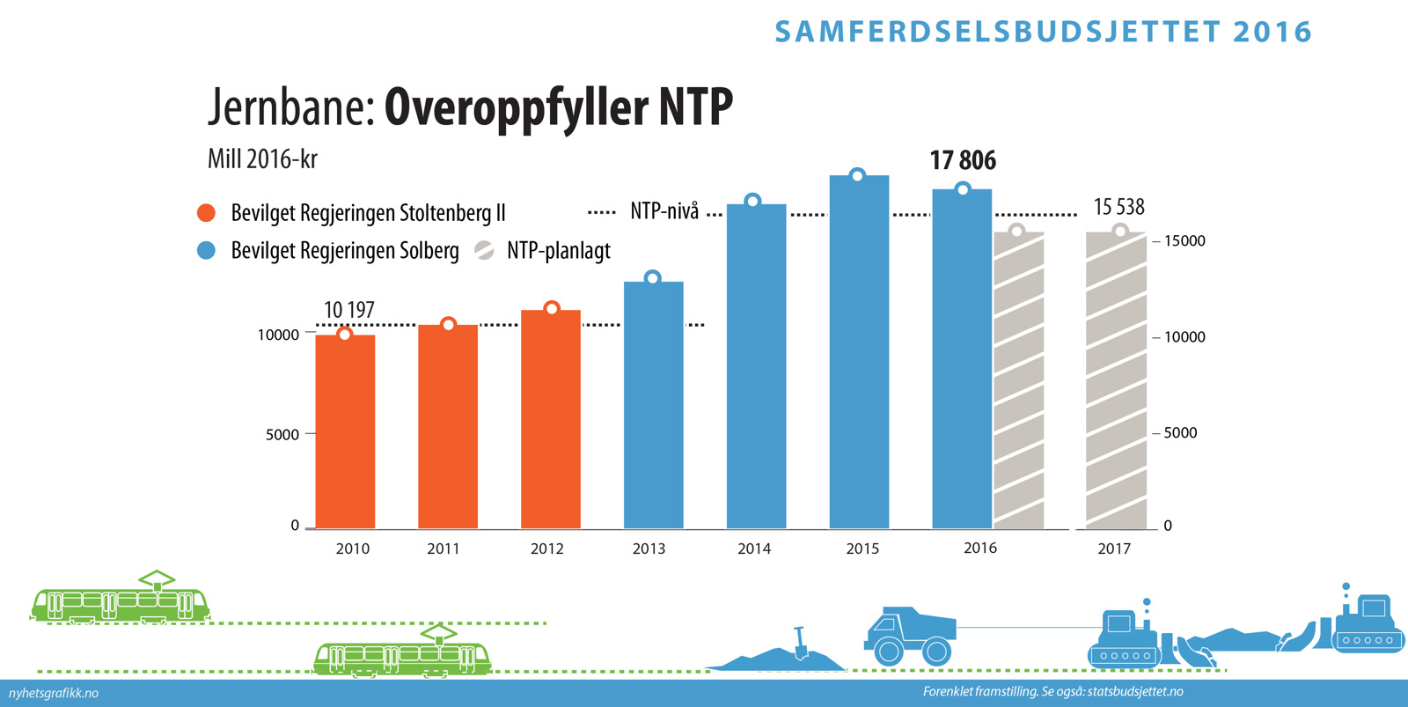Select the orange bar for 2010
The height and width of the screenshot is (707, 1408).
345,431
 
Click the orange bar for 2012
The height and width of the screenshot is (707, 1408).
551,419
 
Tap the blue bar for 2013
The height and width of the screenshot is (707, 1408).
653,405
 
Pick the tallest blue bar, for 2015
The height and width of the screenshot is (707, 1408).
859,352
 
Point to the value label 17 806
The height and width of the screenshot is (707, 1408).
963,160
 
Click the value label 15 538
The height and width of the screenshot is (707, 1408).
1118,207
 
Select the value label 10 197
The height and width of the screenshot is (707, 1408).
348,310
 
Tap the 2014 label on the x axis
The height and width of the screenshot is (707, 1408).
754,549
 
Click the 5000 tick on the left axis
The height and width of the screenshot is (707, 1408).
282,434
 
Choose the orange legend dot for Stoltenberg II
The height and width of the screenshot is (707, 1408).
207,213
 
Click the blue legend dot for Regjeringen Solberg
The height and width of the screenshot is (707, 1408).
207,251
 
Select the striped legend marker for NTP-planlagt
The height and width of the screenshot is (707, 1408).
484,251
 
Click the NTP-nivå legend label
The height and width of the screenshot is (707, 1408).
664,211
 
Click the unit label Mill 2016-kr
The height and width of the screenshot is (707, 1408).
262,159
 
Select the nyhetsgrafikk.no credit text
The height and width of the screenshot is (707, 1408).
54,693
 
